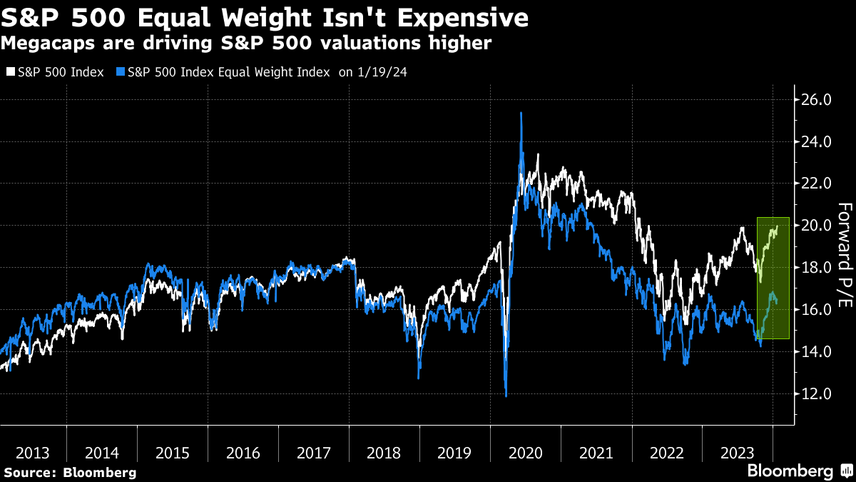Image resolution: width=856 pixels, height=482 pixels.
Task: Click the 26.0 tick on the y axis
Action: pos(817,100)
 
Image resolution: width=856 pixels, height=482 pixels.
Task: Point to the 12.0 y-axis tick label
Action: pos(817,393)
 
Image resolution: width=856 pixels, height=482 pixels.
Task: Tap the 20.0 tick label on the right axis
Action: pos(817,226)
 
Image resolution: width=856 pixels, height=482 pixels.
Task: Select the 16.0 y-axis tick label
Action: pos(817,310)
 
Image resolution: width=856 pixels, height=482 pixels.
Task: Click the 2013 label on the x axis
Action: pos(33,453)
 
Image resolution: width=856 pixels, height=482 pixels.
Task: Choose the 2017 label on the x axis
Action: pos(314,453)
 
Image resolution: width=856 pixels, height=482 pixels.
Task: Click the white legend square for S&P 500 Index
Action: pos(10,72)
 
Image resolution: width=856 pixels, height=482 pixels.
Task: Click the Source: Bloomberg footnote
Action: pos(69,473)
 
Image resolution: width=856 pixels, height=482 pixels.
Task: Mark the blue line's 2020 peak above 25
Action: pos(521,113)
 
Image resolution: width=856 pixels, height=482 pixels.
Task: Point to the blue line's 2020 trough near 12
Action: pos(506,395)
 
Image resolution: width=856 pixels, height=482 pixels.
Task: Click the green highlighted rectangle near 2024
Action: pos(773,277)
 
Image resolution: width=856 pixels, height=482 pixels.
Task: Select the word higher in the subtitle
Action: pos(464,44)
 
